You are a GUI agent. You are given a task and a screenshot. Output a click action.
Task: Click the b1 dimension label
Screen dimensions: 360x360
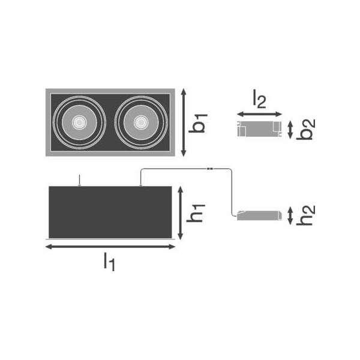[198, 123]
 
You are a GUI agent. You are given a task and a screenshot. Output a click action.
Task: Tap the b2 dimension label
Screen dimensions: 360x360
[305, 129]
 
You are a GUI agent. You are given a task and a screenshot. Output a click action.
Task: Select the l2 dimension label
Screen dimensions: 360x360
[259, 99]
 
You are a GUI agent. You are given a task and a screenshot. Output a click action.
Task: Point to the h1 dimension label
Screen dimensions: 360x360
[196, 213]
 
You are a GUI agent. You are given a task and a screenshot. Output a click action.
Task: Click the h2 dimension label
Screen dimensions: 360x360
[305, 215]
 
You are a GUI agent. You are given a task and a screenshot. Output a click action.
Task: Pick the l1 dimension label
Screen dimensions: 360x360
[109, 262]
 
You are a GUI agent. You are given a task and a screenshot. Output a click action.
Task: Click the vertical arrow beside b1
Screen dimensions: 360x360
[183, 122]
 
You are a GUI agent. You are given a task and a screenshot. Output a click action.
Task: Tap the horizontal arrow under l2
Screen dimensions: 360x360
[259, 114]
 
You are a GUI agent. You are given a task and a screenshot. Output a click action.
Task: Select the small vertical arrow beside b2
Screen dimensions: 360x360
[290, 130]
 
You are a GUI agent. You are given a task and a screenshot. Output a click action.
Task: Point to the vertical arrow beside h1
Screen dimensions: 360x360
[181, 213]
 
